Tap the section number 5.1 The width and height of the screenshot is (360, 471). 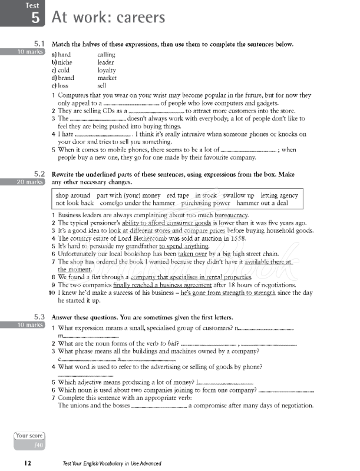pos(39,43)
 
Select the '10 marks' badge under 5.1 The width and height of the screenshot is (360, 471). pos(23,52)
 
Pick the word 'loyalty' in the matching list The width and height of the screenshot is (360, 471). pos(107,70)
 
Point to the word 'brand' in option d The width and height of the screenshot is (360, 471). pos(67,78)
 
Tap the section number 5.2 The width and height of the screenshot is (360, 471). pos(39,174)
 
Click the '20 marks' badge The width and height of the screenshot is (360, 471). pos(23,183)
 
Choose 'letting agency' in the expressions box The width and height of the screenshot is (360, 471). pos(279,195)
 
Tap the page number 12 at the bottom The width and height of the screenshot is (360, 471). pos(28,463)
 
